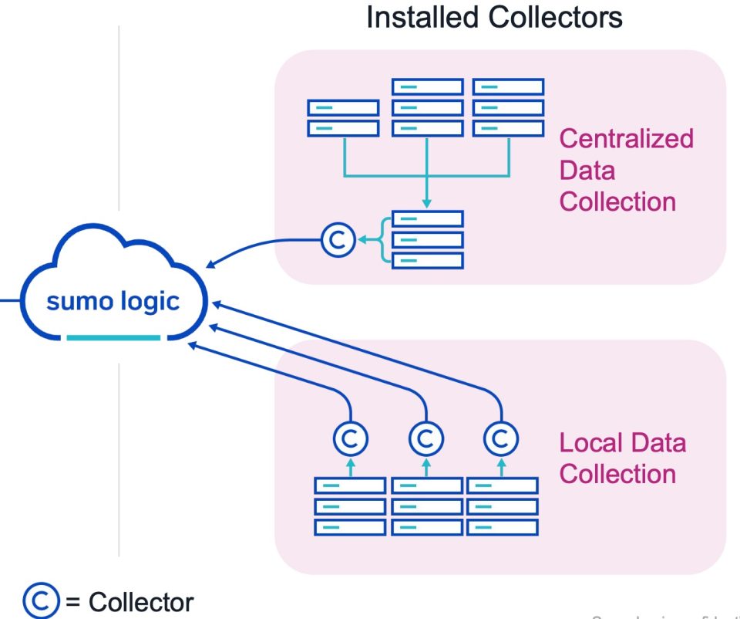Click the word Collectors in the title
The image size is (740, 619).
click(x=556, y=17)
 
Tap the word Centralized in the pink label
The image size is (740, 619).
click(x=626, y=139)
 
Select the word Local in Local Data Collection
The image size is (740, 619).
click(x=588, y=443)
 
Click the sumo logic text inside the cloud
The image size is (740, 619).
click(x=113, y=301)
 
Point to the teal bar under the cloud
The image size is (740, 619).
click(x=113, y=338)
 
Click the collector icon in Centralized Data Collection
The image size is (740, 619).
click(x=336, y=240)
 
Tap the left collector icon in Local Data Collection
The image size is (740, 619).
click(x=350, y=439)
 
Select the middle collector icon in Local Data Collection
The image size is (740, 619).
click(x=425, y=439)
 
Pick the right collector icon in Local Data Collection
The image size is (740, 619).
click(x=500, y=439)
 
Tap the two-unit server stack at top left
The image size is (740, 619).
click(x=343, y=118)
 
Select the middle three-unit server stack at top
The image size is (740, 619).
click(x=427, y=107)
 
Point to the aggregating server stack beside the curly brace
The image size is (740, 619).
click(x=427, y=240)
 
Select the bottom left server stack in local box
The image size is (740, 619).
click(x=350, y=506)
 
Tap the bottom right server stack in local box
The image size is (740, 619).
click(x=503, y=506)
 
